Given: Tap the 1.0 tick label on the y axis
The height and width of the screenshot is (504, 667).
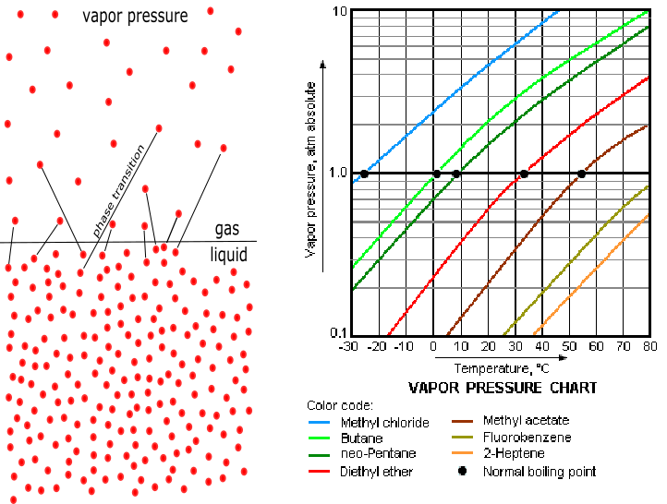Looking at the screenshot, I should pyautogui.click(x=337, y=173).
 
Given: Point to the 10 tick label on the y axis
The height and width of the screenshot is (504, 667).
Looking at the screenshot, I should pyautogui.click(x=339, y=11).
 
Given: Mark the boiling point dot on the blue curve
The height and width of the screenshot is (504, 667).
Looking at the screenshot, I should pyautogui.click(x=364, y=174).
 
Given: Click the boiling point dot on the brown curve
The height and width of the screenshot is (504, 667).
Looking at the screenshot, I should pyautogui.click(x=581, y=174).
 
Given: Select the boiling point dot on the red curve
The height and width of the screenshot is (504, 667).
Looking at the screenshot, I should pyautogui.click(x=524, y=174).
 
